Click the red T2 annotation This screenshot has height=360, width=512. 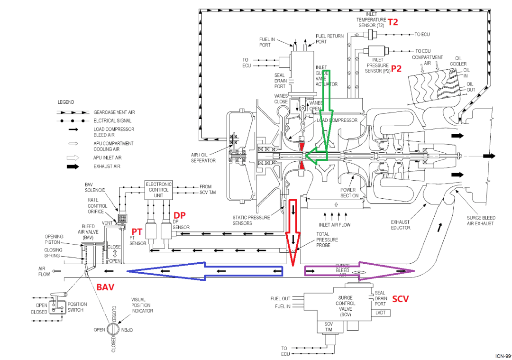pyautogui.click(x=393, y=22)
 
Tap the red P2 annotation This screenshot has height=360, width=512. pyautogui.click(x=396, y=68)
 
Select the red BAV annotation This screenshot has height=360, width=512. pyautogui.click(x=106, y=287)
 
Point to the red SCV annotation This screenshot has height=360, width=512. pyautogui.click(x=400, y=299)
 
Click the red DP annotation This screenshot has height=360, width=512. pyautogui.click(x=179, y=215)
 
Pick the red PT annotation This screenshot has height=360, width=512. pyautogui.click(x=137, y=231)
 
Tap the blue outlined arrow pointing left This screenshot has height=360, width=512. pyautogui.click(x=204, y=271)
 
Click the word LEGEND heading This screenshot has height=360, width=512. pyautogui.click(x=66, y=102)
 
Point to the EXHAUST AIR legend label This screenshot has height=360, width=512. pyautogui.click(x=107, y=167)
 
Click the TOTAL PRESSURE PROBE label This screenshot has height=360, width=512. pyautogui.click(x=327, y=240)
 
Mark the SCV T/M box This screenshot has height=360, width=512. pyautogui.click(x=329, y=327)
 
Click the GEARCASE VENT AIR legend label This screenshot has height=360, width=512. pyautogui.click(x=114, y=112)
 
